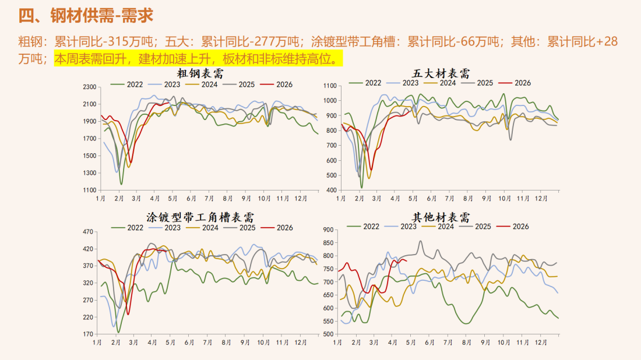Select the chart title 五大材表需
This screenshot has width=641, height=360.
coord(441,73)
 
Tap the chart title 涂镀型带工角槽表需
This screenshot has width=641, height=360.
coord(200,217)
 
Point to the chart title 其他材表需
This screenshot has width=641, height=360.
coord(441,217)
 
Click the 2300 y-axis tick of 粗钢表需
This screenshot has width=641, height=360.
coord(89,87)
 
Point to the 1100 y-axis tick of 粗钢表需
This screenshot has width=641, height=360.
coord(89,190)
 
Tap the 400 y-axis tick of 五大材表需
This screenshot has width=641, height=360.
coord(330,190)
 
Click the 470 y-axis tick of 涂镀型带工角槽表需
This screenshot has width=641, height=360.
coord(89,232)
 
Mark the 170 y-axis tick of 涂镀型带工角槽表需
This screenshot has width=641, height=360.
coord(89,334)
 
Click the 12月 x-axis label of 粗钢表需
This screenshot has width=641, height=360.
coord(301,199)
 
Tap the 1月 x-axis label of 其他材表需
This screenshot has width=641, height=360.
coord(339,343)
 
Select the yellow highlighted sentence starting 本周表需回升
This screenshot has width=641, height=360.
coord(197,59)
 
